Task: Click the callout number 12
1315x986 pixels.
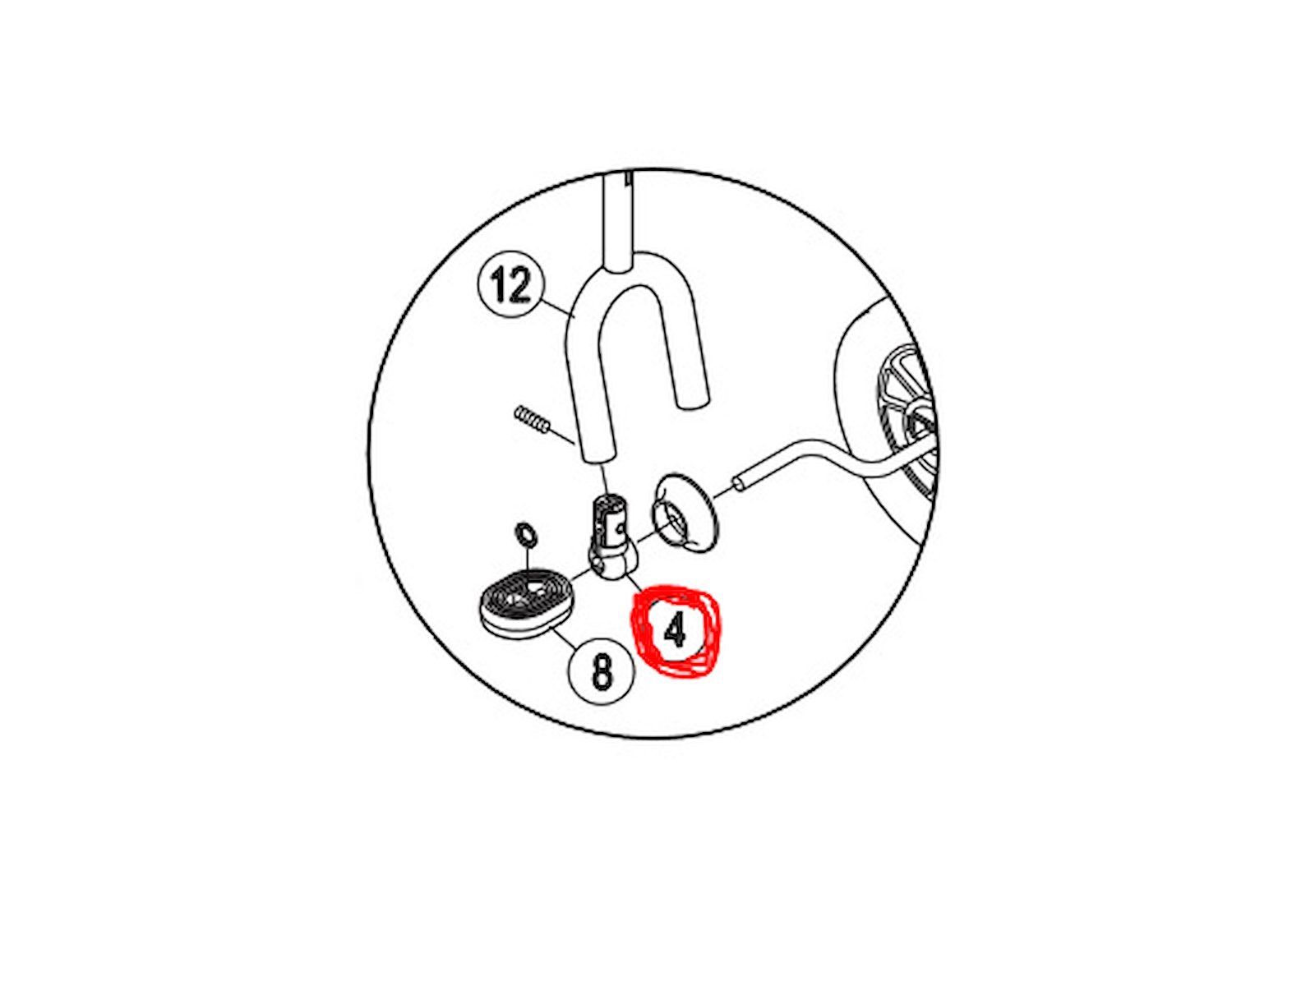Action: (510, 284)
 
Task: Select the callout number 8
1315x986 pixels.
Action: (602, 671)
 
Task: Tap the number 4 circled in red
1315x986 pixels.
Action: (676, 629)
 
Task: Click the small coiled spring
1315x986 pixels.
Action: (532, 419)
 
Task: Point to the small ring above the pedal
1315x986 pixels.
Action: (526, 532)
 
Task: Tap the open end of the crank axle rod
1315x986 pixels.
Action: (739, 482)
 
